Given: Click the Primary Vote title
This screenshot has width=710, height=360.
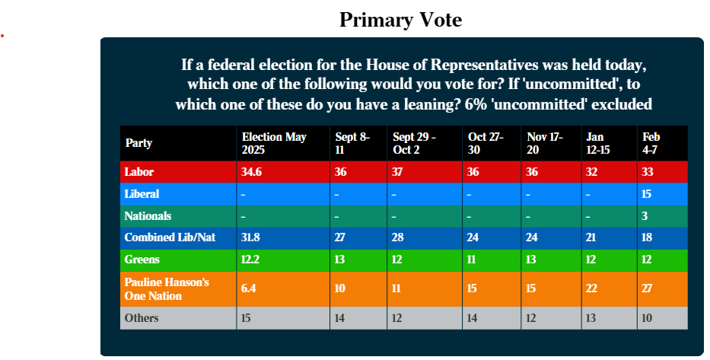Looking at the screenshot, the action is point(401,20).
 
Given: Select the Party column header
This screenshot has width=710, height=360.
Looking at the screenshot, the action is point(138,143).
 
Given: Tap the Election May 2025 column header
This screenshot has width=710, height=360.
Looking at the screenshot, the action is point(274,143).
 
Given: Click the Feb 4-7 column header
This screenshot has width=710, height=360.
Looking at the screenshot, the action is point(651,143).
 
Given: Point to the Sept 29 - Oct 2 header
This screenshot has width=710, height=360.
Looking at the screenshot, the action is point(414,143).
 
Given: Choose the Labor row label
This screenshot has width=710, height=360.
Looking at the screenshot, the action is point(139,172).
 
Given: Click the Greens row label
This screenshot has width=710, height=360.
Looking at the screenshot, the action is point(142,260).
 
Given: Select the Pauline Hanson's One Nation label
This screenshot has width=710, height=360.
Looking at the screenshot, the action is point(167,289).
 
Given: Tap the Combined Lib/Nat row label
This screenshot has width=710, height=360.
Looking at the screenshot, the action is point(170,237).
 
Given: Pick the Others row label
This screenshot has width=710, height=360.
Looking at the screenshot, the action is point(142,318).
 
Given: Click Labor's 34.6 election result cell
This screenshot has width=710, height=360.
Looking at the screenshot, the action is point(251,172).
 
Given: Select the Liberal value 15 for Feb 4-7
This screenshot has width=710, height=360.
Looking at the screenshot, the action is point(646,194).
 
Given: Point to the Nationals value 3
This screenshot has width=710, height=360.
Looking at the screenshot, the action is point(645,216).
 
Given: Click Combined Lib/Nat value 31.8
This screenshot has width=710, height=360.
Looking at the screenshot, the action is point(250,237).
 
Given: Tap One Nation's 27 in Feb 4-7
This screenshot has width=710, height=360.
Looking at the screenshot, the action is point(647,288).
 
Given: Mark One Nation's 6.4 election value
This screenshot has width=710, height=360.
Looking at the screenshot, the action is point(249,288).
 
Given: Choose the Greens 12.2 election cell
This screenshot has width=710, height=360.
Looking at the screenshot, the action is point(250,260).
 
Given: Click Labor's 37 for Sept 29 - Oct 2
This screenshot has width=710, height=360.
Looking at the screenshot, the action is point(397,172).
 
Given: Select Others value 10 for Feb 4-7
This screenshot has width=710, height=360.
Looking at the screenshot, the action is point(647,318).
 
